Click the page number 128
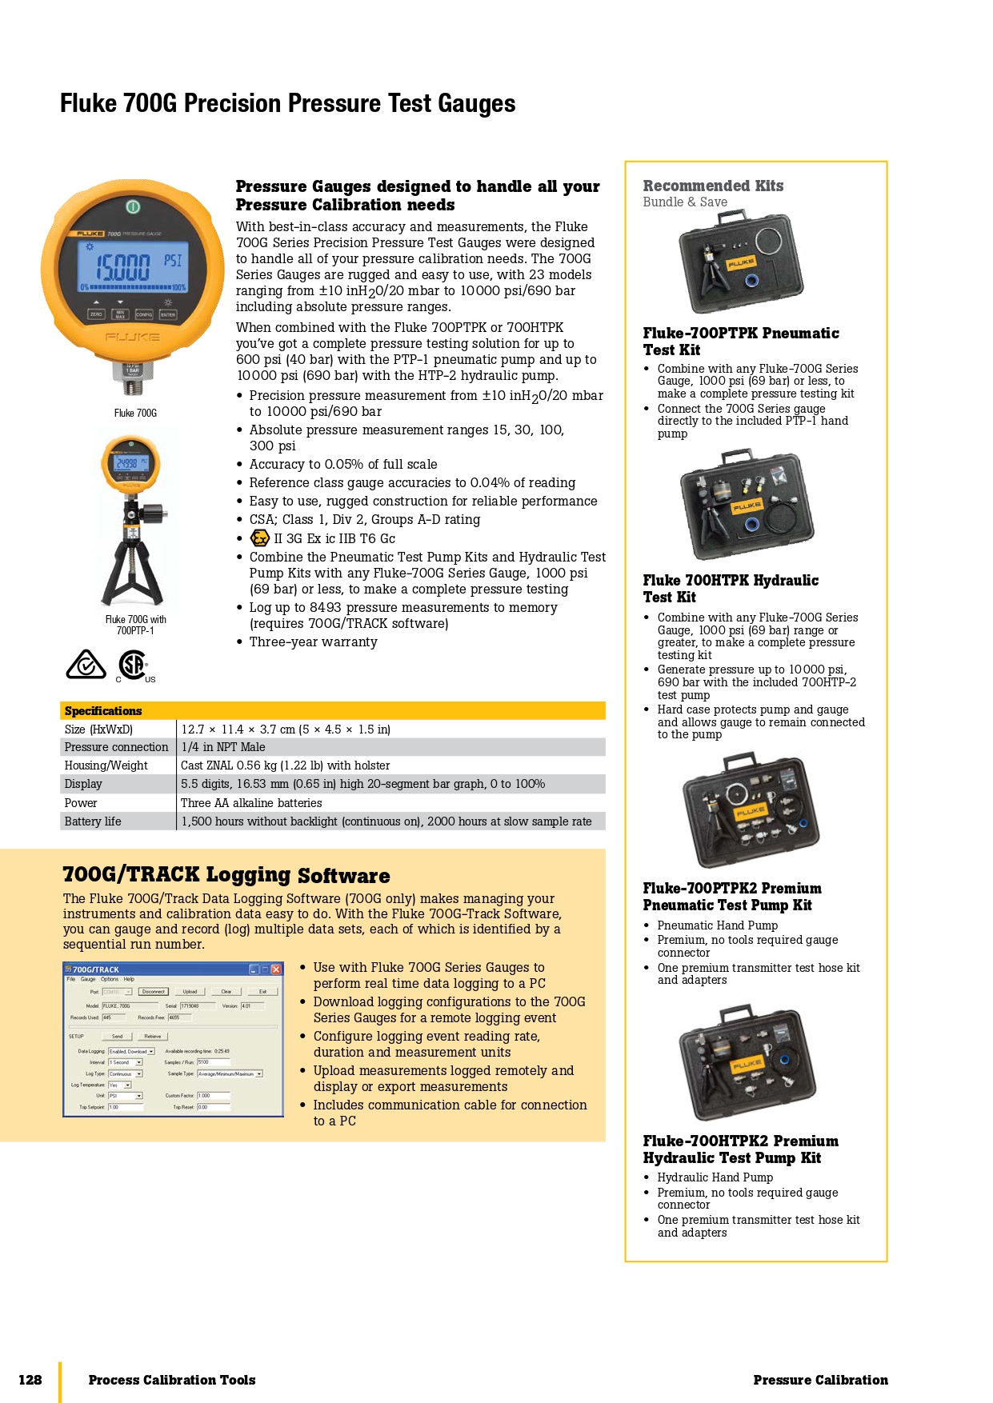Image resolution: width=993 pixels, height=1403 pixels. (30, 1380)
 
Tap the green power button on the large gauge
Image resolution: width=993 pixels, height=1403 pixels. (133, 206)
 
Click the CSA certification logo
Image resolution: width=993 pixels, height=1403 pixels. (133, 666)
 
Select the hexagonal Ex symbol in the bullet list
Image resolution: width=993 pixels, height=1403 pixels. (259, 538)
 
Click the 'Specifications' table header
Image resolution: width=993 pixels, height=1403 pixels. (103, 711)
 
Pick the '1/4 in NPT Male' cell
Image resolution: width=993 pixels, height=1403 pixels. (223, 747)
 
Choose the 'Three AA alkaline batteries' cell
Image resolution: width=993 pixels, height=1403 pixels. (251, 803)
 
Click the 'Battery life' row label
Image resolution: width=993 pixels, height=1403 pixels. (93, 821)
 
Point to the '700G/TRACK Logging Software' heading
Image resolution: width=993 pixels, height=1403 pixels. (226, 875)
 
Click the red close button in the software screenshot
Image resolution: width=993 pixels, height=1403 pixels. (276, 969)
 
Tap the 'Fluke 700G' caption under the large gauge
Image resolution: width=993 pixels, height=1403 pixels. (135, 414)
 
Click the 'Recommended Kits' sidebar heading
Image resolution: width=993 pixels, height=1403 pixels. (713, 186)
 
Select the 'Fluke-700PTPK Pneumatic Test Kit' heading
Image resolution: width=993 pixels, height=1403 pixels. (740, 342)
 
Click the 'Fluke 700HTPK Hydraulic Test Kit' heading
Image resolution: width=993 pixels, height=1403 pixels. (730, 589)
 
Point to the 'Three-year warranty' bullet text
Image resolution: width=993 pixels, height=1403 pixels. (313, 642)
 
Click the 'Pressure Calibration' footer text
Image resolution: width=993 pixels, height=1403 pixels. (820, 1380)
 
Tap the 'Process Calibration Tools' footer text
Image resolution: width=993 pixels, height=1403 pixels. (172, 1380)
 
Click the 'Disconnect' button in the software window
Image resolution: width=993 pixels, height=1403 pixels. (154, 992)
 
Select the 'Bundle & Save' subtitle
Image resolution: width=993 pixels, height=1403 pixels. (685, 202)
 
